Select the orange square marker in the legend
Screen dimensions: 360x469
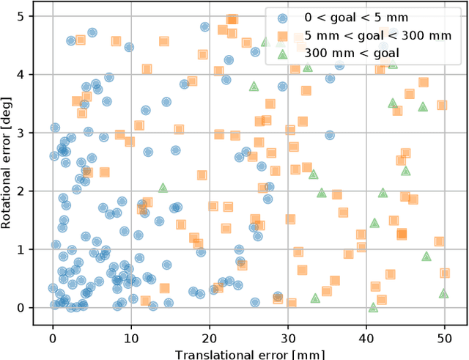[282, 35]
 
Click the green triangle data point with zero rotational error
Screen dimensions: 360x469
[373, 307]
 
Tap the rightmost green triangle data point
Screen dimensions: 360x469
[443, 293]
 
